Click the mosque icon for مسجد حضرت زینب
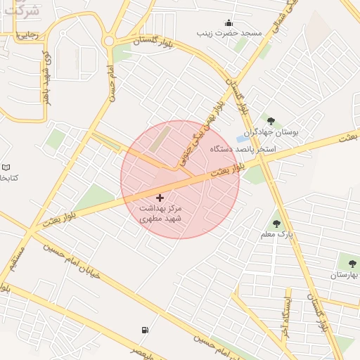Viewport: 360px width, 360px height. click(228, 22)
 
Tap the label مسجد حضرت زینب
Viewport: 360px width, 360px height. click(229, 33)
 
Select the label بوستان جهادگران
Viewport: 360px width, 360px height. click(271, 132)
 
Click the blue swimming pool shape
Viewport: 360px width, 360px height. click(241, 139)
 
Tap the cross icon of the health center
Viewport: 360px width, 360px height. click(160, 198)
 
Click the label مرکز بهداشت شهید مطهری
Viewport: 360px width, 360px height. click(160, 214)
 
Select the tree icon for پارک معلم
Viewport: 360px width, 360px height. click(276, 223)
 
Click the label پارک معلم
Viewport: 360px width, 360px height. click(276, 233)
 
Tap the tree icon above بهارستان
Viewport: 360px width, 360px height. click(352, 264)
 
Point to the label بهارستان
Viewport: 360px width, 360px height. click(345, 275)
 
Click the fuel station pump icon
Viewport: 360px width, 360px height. click(145, 330)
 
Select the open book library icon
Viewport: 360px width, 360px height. click(6, 167)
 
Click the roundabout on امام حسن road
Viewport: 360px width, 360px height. click(109, 41)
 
